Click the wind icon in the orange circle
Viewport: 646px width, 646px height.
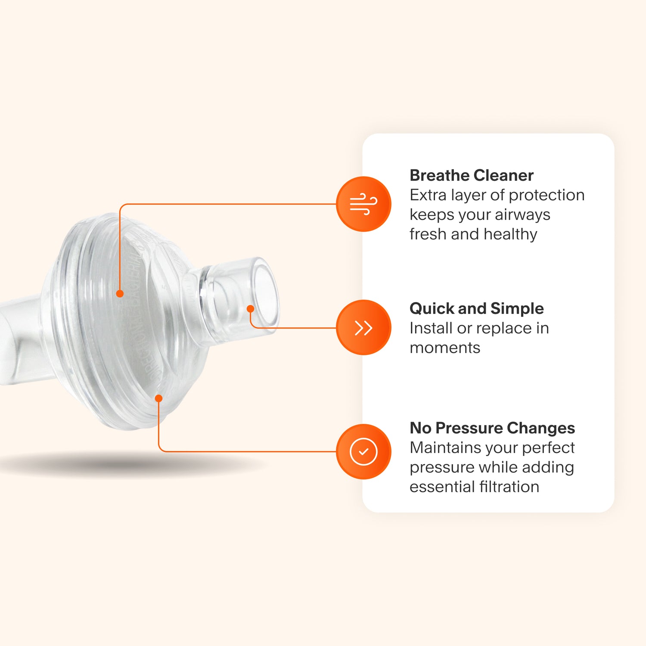(363, 204)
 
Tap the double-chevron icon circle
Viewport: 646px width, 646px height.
(363, 328)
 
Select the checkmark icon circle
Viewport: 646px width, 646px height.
(363, 452)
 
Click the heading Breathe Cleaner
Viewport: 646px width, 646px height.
(472, 175)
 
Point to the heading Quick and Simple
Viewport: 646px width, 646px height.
(476, 308)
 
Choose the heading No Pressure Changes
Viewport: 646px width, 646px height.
(492, 428)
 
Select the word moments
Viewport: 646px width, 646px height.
(445, 348)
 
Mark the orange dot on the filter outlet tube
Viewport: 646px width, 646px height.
(250, 308)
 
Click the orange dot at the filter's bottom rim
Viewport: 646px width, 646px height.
(158, 398)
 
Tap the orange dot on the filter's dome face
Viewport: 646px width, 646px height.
(120, 294)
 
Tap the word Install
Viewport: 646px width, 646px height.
(431, 328)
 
